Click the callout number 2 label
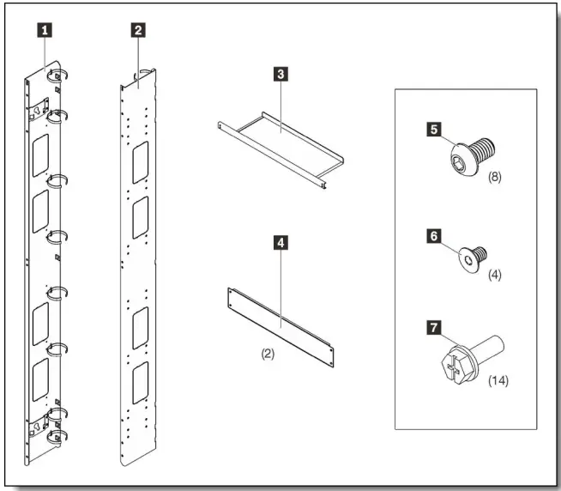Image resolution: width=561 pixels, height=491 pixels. point(136,30)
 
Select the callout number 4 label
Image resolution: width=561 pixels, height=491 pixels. point(280,243)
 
